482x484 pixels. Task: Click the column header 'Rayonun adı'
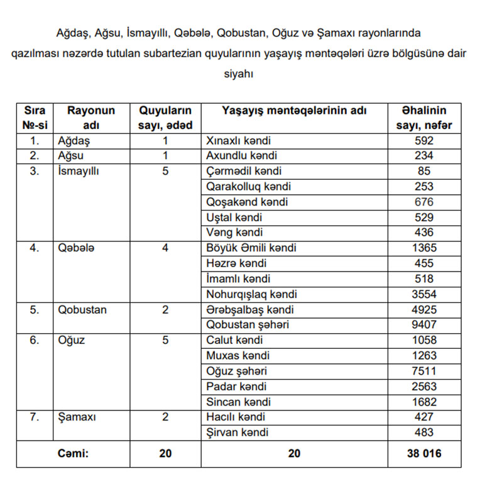click(92, 118)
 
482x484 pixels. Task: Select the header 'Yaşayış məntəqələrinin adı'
click(295, 111)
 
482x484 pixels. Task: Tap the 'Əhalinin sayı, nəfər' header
click(424, 118)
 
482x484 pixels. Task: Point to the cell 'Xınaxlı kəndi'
click(238, 141)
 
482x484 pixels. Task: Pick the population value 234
click(424, 156)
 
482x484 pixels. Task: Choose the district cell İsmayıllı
click(79, 171)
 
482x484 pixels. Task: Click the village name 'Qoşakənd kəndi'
click(247, 202)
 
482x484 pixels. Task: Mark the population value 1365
click(424, 248)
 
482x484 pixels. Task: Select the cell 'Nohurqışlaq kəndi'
click(251, 294)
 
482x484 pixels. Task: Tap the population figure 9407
click(424, 325)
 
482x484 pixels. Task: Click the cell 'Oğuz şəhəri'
click(236, 371)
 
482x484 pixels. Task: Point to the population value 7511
click(424, 371)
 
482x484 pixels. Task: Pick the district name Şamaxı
click(76, 417)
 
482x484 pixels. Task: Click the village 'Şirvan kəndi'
click(237, 432)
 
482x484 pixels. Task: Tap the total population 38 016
click(424, 454)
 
